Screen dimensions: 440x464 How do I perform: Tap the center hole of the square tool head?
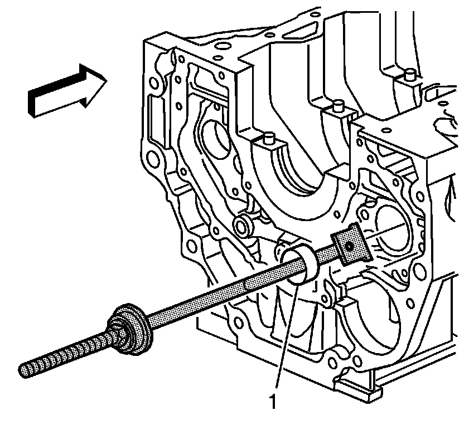click(x=349, y=245)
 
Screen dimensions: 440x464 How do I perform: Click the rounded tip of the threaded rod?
click(x=23, y=368)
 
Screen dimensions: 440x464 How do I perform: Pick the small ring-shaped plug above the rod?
click(x=243, y=226)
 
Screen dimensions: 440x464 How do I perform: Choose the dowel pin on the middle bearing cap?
click(x=337, y=106)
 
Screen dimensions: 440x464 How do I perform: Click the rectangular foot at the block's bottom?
click(x=357, y=388)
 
